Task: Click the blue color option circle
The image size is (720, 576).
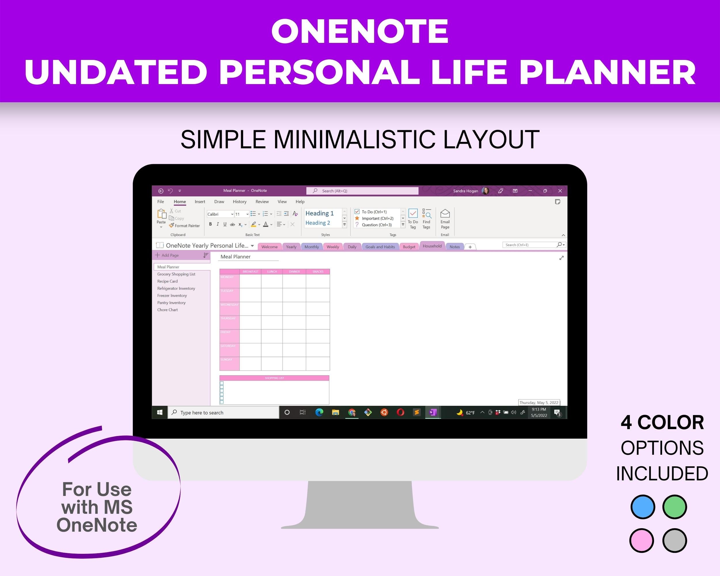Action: point(643,507)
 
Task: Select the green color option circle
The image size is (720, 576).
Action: point(674,507)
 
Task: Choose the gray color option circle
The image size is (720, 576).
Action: point(674,540)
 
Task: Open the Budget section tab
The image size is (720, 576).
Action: point(409,247)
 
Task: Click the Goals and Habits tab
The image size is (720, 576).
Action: point(380,247)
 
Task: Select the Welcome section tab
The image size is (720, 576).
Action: point(269,247)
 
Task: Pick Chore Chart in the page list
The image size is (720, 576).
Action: point(167,310)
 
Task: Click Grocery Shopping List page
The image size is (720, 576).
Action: point(176,274)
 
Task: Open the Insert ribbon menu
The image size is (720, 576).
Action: point(200,202)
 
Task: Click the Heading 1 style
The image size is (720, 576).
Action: point(320,213)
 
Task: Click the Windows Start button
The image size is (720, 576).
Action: point(160,412)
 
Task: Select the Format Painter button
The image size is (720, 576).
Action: point(184,226)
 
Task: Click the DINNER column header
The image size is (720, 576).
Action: point(294,272)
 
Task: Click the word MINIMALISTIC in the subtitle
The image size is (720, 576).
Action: point(354,140)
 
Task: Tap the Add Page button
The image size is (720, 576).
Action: point(168,255)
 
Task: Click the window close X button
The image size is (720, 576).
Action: point(560,191)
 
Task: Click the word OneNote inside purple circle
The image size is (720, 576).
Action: point(97,525)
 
